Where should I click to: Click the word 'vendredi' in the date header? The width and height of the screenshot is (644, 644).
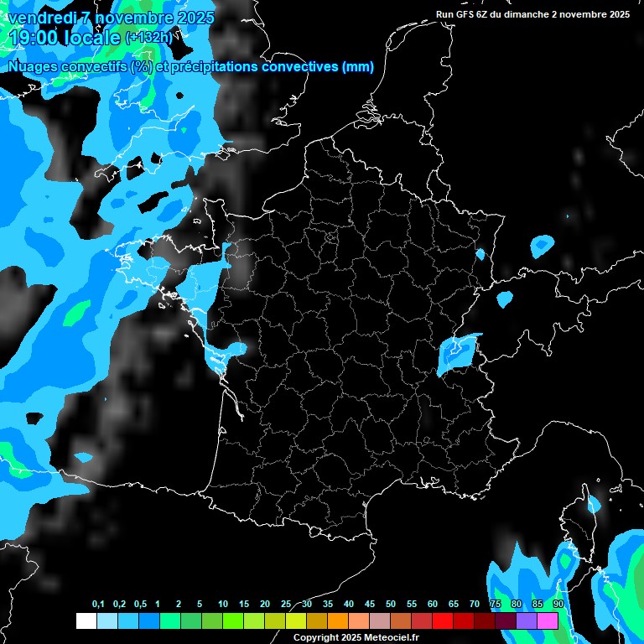click(x=41, y=17)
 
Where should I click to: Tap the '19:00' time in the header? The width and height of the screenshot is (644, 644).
click(x=34, y=37)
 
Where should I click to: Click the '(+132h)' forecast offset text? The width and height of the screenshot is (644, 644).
click(x=148, y=37)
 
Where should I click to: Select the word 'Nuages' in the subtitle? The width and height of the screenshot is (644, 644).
click(x=32, y=66)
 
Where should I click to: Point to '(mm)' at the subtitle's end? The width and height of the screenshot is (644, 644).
click(x=358, y=66)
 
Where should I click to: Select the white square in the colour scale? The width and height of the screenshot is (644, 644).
click(x=86, y=621)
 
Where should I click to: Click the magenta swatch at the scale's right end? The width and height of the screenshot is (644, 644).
click(x=548, y=621)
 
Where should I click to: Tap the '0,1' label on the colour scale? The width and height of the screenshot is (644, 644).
click(x=98, y=605)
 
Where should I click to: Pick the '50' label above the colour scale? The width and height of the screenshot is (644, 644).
click(x=391, y=605)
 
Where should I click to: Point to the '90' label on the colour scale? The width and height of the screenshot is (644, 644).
click(x=558, y=605)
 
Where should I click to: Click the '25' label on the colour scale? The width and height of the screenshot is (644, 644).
click(x=286, y=605)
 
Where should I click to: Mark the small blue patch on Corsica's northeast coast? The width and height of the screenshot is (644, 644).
click(x=595, y=504)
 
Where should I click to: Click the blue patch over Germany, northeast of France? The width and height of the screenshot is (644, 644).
click(x=542, y=246)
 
